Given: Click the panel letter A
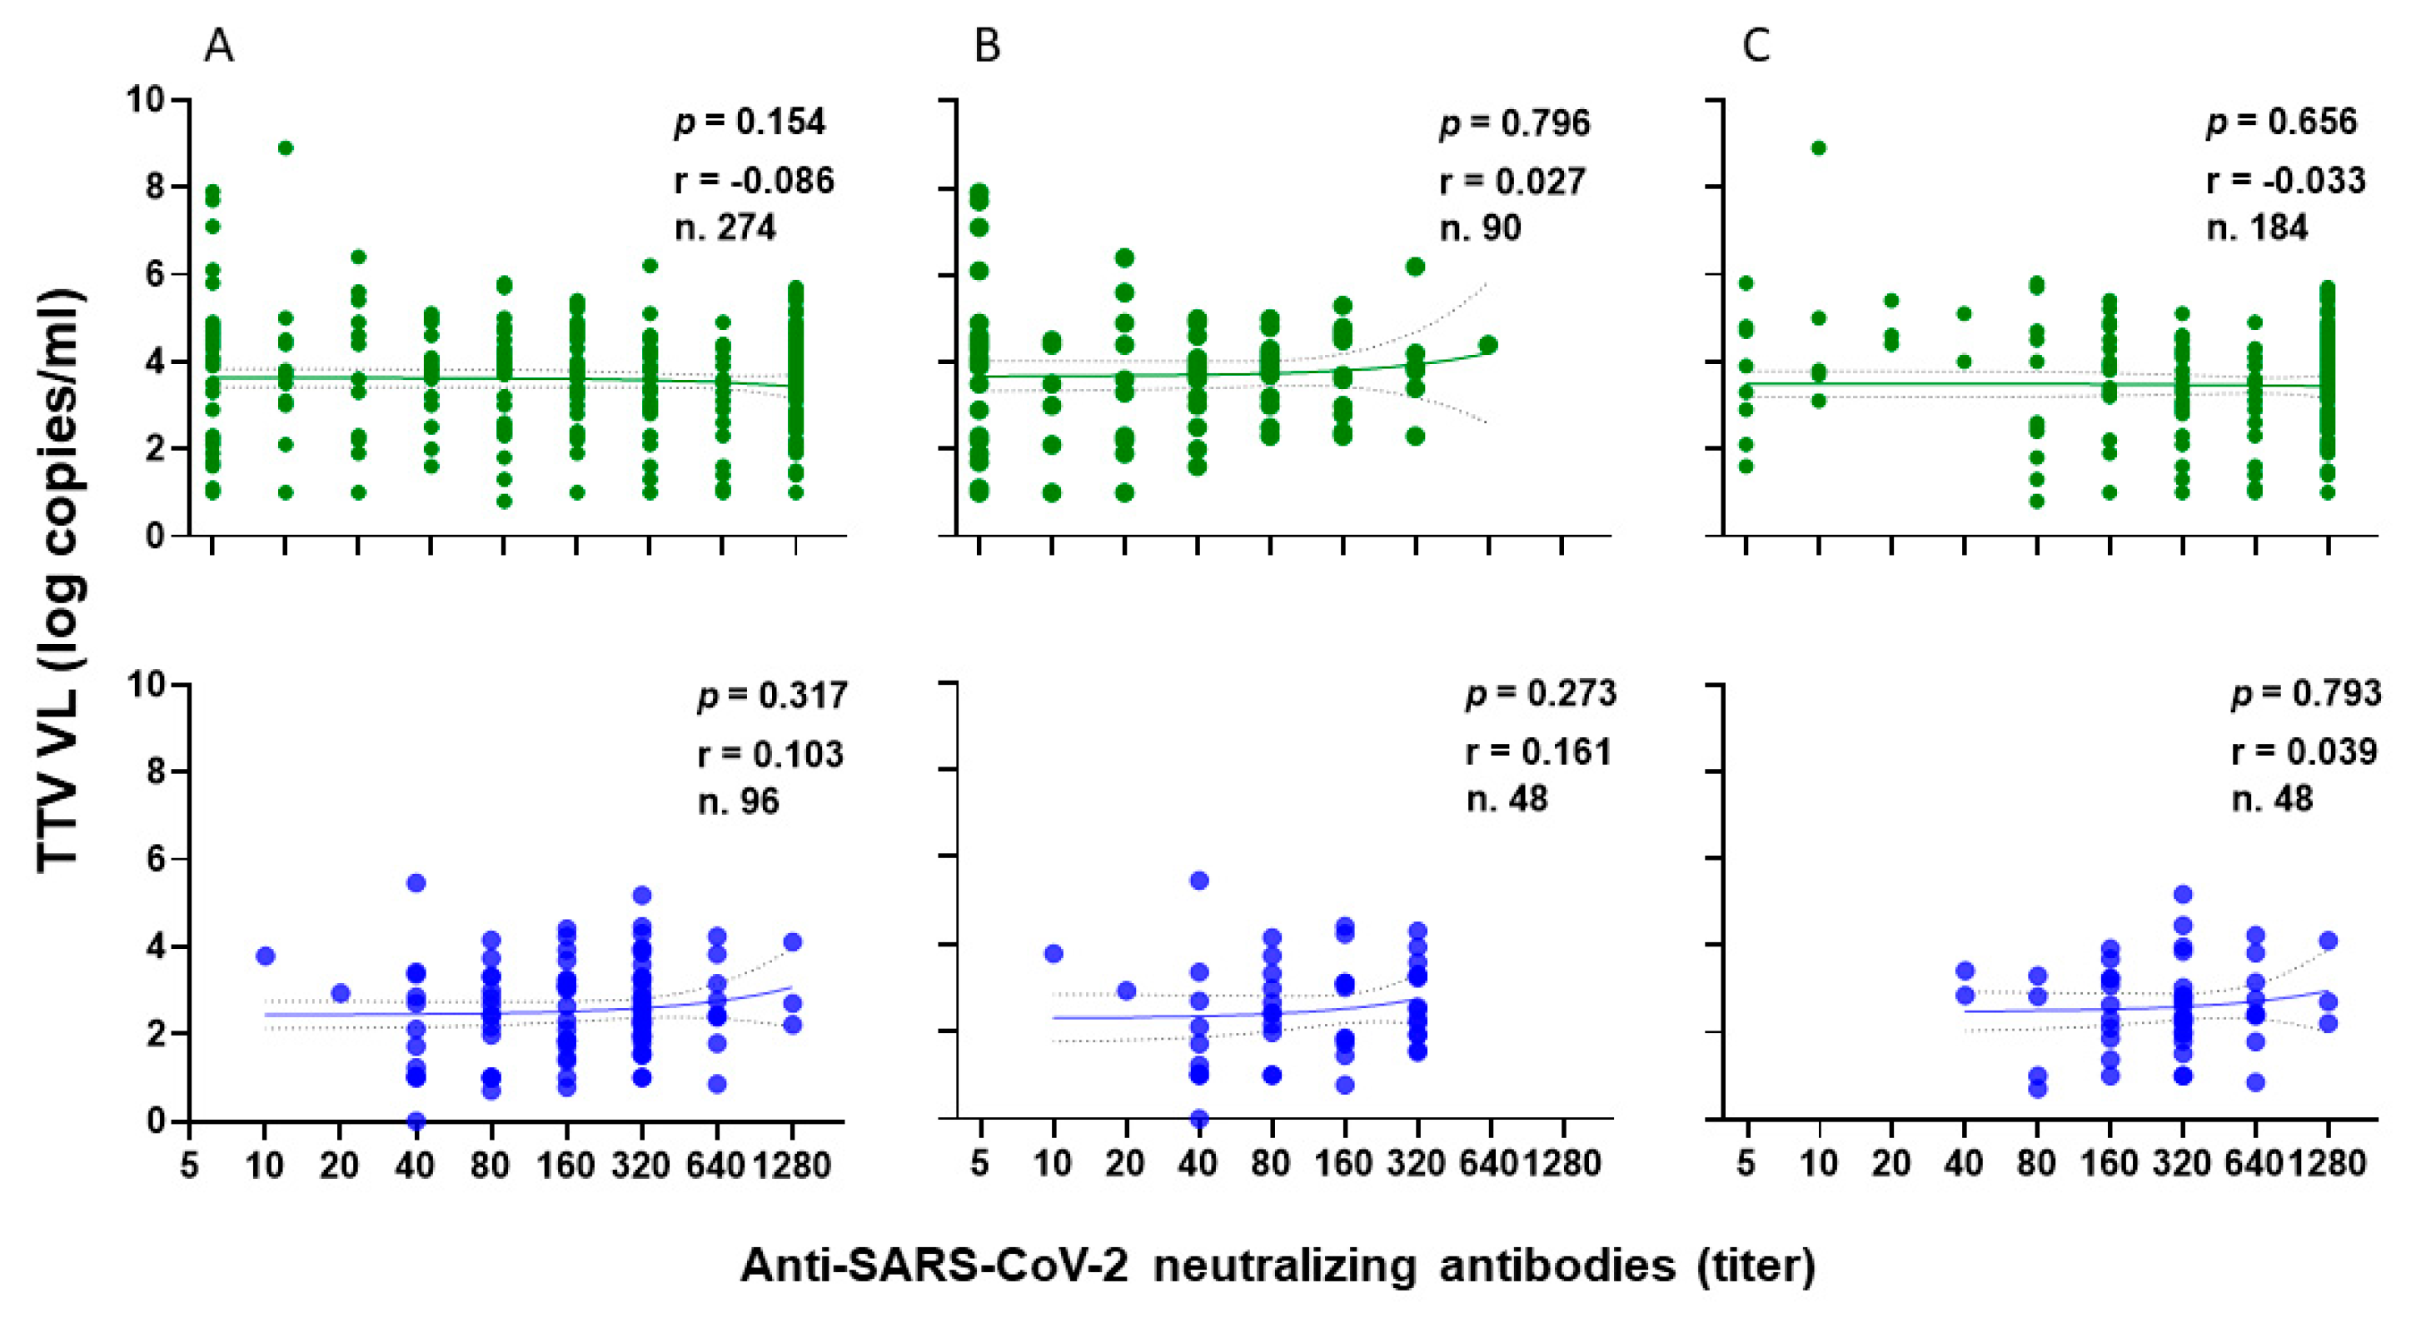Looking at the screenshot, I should point(219,45).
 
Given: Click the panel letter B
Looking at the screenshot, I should point(987,45).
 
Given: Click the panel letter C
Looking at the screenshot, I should point(1756,45).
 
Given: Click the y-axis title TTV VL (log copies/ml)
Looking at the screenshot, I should point(62,581).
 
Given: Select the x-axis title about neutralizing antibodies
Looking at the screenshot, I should point(1278,1266).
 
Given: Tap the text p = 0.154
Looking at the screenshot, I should point(750,122).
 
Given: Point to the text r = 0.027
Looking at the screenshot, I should point(1512,180).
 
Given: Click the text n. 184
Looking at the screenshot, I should point(2257,227).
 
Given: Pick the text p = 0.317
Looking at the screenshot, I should point(772,695).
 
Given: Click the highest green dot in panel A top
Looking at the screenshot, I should point(286,148).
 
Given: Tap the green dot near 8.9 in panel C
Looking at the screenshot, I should point(1819,148).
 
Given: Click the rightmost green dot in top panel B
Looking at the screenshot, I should point(1488,344).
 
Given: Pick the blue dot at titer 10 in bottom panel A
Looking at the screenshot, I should point(265,956).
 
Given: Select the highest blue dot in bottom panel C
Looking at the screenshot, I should point(2183,894).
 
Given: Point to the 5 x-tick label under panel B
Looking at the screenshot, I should point(979,1164).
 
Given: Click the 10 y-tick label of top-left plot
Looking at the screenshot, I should point(146,99).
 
